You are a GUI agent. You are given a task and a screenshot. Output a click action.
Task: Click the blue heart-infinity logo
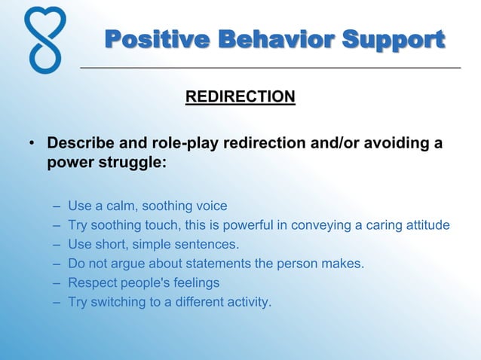[x=44, y=39]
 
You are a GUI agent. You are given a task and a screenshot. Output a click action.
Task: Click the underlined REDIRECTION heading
[x=240, y=97]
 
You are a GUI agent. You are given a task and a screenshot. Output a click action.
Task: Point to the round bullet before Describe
[x=31, y=144]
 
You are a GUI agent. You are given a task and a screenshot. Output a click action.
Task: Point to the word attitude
[x=427, y=225]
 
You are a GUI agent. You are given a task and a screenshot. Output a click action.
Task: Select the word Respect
[x=90, y=283]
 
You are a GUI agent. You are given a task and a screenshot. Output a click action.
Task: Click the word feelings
[x=196, y=283]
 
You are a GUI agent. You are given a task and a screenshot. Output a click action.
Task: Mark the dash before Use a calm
[x=58, y=206]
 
